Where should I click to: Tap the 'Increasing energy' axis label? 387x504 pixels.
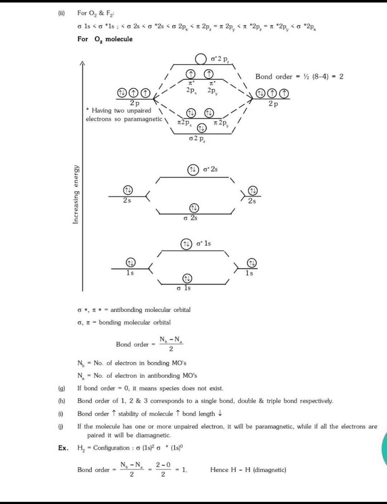pos(76,195)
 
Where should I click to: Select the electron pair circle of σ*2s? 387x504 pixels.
pos(193,169)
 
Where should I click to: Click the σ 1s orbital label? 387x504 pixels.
pos(184,288)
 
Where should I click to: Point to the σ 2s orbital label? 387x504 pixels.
pos(190,218)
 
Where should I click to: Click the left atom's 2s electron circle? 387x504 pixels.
pos(128,190)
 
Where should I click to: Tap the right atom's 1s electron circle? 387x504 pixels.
pos(252,263)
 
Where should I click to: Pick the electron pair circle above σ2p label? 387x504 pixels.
pos(202,128)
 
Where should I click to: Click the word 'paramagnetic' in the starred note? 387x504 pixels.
pos(143,119)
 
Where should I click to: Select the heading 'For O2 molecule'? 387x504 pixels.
pos(105,39)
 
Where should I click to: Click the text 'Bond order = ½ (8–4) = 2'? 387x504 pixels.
pos(299,77)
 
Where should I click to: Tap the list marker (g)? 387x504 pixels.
pos(62,388)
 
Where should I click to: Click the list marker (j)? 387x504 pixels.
pos(62,426)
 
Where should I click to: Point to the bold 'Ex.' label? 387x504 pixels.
pos(63,448)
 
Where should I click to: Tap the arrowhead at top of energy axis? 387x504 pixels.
pos(82,63)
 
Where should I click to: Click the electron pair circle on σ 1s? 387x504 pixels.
pos(187,278)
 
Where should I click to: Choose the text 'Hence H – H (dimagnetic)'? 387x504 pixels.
pos(248,470)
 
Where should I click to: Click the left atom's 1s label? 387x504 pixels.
pos(130,273)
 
